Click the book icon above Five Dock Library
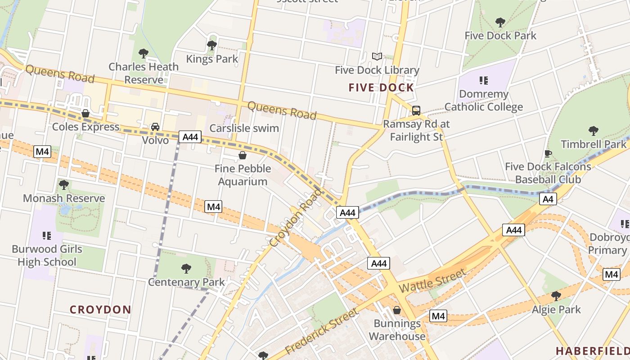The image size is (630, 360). pos(377,56)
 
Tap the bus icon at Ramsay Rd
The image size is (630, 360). pos(416,110)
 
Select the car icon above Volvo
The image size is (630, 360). pos(155,127)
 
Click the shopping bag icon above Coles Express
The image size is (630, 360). pos(85,113)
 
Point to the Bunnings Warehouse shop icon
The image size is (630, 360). pos(397,310)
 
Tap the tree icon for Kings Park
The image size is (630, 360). pos(211,45)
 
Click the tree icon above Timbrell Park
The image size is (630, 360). pos(594,131)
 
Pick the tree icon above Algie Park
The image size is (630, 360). pos(556,296)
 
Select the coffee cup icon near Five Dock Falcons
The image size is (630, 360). pos(548,153)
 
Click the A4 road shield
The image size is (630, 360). pos(548,199)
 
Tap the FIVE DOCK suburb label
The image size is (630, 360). pos(381,88)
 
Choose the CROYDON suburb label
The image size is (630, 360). pos(100,310)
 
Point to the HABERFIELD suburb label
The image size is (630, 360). pos(592,351)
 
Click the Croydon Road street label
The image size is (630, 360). pos(296,218)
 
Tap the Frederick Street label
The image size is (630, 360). pos(322,331)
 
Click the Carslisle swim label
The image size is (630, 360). pos(244,128)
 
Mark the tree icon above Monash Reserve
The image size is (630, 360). pos(64,184)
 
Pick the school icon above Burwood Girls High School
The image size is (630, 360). pos(47,235)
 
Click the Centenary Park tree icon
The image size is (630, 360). pos(186,269)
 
